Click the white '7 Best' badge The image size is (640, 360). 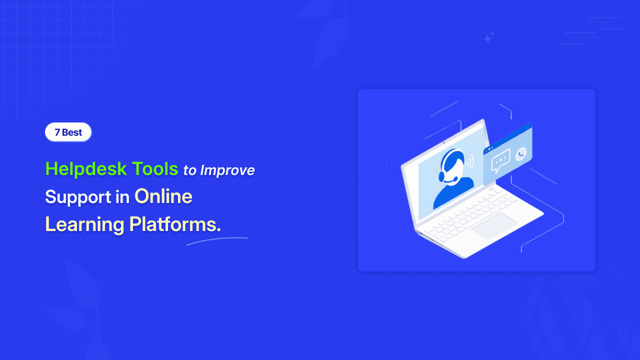(68, 132)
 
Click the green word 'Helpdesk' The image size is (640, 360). (86, 169)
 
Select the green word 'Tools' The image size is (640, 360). (155, 168)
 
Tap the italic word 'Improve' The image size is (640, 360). (227, 170)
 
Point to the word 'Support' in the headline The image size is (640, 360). (78, 197)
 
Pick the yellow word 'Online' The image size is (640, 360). (163, 196)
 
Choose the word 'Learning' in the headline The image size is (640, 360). (84, 225)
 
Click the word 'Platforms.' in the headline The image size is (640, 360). (175, 224)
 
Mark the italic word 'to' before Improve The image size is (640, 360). (189, 171)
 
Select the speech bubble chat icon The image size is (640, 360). (500, 160)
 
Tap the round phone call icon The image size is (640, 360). (521, 154)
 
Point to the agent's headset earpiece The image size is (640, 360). (441, 175)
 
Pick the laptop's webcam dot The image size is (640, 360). (443, 142)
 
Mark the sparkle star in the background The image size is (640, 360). (488, 37)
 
